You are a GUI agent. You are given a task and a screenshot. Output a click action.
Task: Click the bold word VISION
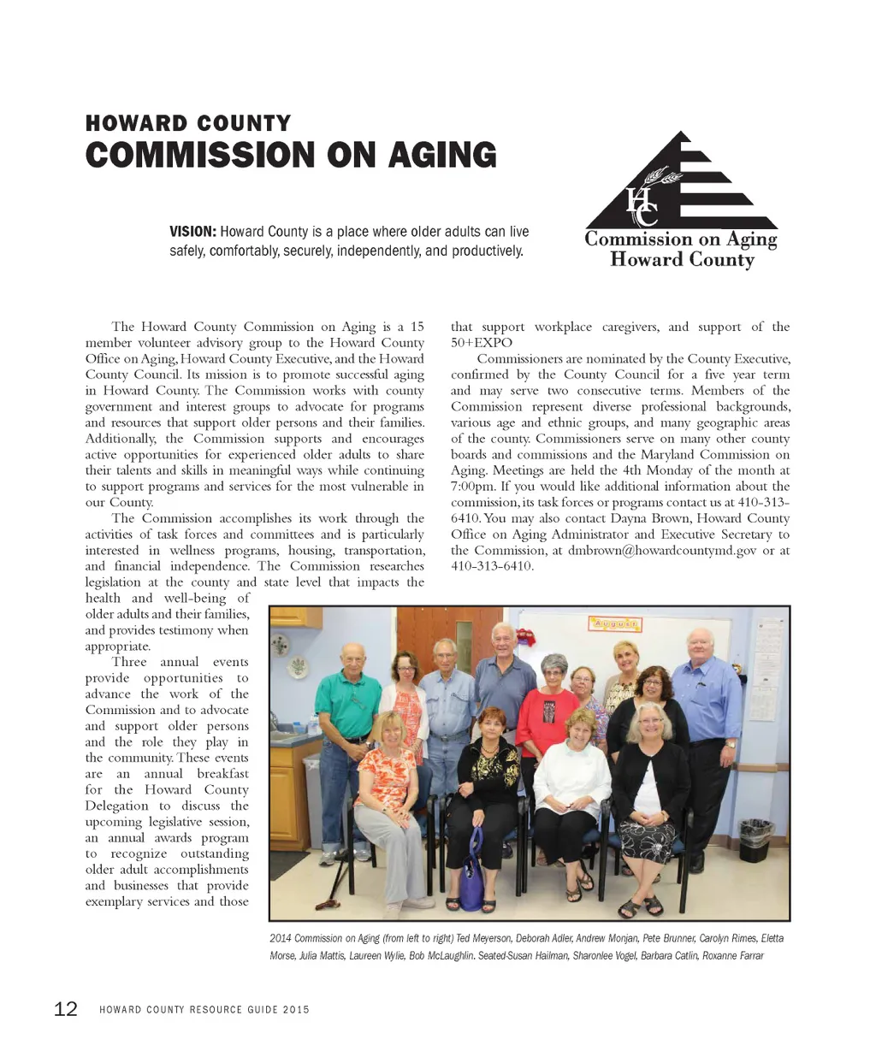(192, 232)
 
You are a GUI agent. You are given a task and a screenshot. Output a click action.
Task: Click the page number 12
(66, 1009)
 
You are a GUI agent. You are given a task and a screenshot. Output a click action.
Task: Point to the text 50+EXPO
(482, 343)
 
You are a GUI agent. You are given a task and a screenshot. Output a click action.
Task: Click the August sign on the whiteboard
(615, 624)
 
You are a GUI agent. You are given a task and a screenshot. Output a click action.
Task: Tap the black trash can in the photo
(755, 840)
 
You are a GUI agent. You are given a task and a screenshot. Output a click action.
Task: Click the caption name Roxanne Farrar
(733, 955)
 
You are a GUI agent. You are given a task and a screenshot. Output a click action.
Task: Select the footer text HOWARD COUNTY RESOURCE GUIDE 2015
(204, 1010)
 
